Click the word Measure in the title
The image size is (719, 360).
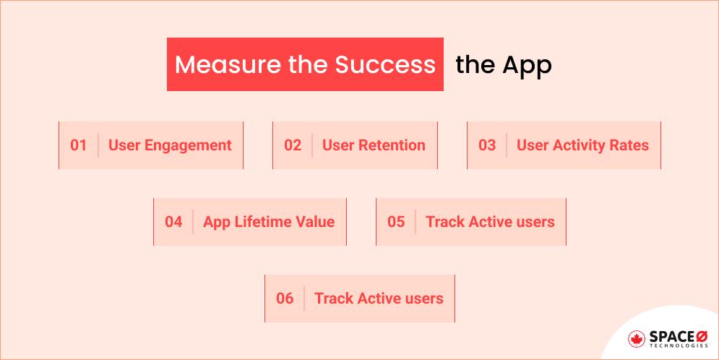[215, 65]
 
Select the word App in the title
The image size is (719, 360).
[527, 65]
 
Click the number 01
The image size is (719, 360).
[78, 145]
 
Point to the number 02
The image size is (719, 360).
[292, 145]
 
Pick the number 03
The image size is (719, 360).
[487, 145]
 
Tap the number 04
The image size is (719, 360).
[173, 222]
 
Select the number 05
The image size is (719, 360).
[396, 222]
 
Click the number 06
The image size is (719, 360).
[285, 299]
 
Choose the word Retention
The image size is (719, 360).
[391, 145]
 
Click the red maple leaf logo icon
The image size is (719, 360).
[637, 338]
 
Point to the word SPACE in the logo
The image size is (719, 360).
[668, 336]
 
